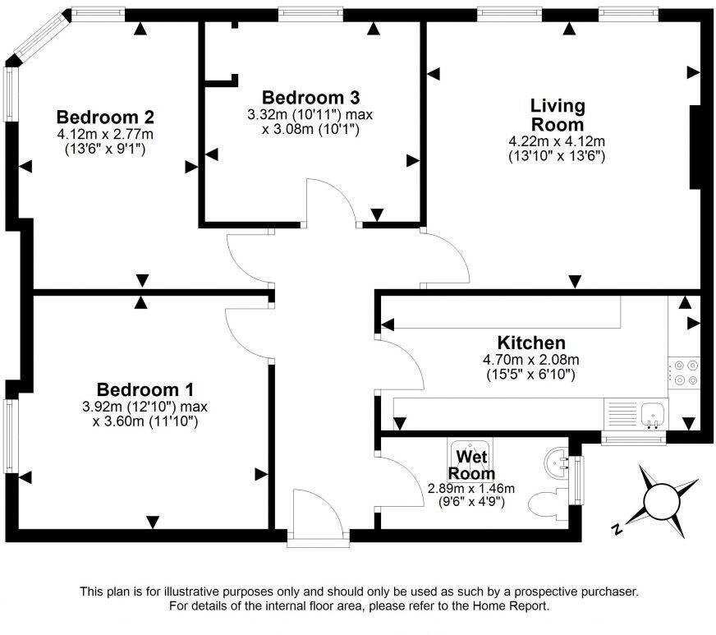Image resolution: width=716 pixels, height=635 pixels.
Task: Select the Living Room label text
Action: click(x=558, y=115)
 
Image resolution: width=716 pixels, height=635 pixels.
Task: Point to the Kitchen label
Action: click(x=531, y=343)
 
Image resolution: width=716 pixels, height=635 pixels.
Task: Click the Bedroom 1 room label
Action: click(x=145, y=389)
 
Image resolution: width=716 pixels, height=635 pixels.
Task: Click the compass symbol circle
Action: click(x=663, y=499)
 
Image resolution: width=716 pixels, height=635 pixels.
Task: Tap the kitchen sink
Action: click(x=654, y=412)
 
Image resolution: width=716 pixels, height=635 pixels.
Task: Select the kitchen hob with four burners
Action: click(x=683, y=372)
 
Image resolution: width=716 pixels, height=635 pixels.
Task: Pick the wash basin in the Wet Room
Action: click(x=558, y=462)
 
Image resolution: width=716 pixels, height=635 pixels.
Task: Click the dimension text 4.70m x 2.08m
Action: click(x=531, y=360)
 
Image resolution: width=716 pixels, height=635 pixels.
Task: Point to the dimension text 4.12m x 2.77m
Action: click(x=105, y=134)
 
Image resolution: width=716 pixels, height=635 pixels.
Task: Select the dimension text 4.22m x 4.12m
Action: click(x=558, y=141)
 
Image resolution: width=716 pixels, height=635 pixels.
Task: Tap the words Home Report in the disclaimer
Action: click(x=511, y=606)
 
